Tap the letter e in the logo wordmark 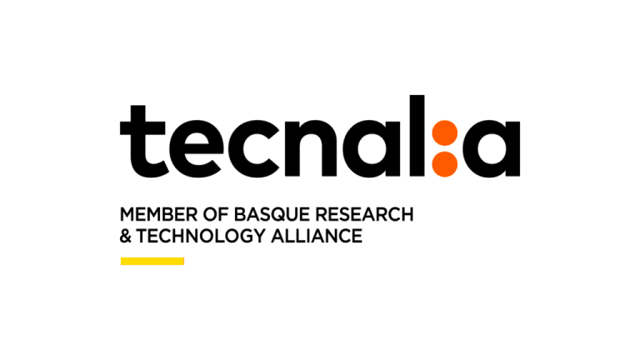click(196, 149)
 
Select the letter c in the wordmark click(253, 149)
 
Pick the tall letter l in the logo click(417, 136)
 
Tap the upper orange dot click(444, 133)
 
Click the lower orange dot click(444, 164)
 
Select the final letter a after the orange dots click(492, 149)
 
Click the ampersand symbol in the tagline click(125, 236)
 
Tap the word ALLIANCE click(317, 236)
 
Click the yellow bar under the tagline click(152, 261)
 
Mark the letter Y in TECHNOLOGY click(259, 236)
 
